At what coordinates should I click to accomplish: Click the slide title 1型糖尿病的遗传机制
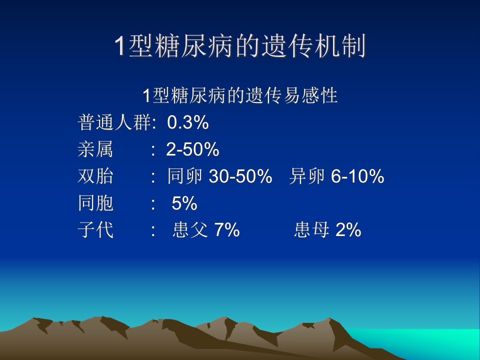[x=240, y=46]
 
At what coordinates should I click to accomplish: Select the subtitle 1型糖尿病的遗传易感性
[x=240, y=95]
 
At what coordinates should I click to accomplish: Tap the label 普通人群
[x=114, y=122]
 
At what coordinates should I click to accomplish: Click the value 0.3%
[x=188, y=122]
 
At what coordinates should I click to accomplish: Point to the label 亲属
[x=95, y=149]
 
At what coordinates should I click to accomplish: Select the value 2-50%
[x=192, y=149]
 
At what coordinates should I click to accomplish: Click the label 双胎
[x=95, y=176]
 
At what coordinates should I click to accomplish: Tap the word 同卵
[x=185, y=176]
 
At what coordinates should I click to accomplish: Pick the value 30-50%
[x=240, y=176]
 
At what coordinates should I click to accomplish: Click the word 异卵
[x=306, y=176]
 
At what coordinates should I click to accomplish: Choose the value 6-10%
[x=357, y=176]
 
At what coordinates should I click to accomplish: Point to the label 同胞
[x=95, y=203]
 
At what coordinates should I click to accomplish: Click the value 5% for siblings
[x=184, y=203]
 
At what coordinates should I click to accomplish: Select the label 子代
[x=95, y=230]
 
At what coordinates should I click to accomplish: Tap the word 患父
[x=190, y=230]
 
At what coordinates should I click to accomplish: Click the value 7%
[x=227, y=230]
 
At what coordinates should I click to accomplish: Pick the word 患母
[x=311, y=230]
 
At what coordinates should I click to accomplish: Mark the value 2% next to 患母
[x=348, y=230]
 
